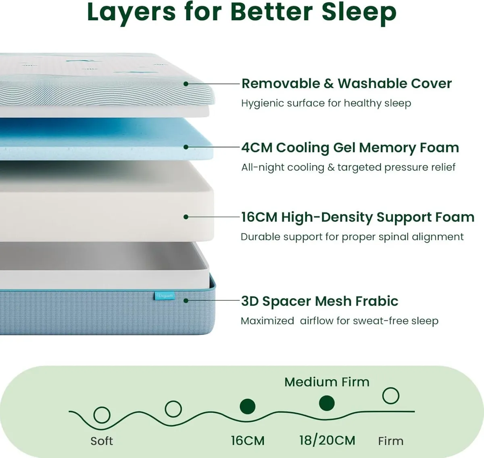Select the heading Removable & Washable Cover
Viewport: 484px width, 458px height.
[x=346, y=83]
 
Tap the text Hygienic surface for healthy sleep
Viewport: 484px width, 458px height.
[x=326, y=103]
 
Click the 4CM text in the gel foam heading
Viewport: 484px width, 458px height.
[x=257, y=148]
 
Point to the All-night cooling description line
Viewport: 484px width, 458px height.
[x=348, y=167]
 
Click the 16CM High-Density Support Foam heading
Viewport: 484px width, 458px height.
[x=357, y=217]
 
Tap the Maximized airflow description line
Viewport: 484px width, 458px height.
[x=339, y=321]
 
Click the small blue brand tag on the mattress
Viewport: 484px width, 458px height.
[x=165, y=296]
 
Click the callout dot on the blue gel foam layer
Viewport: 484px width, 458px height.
[x=186, y=147]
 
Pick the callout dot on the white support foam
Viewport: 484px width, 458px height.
[x=186, y=217]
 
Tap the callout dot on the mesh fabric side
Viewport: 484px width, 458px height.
[x=186, y=300]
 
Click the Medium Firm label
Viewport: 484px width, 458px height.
[x=327, y=382]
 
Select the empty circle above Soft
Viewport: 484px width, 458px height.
[x=102, y=414]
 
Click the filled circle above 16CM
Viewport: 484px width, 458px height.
[x=247, y=406]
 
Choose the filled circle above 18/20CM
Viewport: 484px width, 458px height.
[x=327, y=403]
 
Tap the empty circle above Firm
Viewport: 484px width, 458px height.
[x=390, y=396]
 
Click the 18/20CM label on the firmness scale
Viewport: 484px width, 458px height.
[x=327, y=440]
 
